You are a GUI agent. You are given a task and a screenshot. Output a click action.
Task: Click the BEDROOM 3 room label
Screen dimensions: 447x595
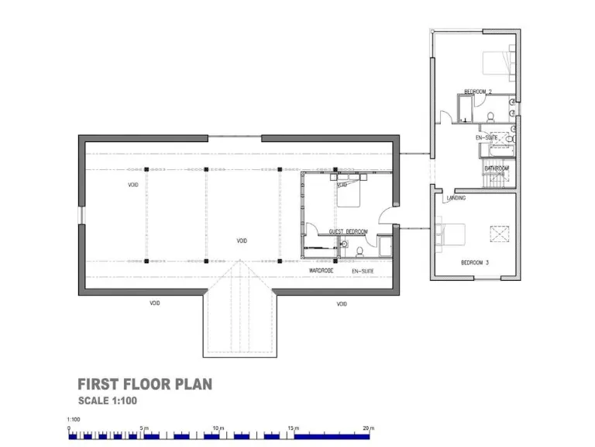[475, 263]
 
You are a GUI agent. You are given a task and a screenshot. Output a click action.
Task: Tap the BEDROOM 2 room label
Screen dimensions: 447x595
[478, 92]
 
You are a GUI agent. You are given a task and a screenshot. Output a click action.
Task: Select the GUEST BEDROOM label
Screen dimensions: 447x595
[348, 232]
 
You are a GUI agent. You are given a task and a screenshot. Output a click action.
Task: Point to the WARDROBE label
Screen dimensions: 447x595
[322, 271]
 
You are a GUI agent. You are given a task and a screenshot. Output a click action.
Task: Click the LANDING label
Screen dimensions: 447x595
[456, 199]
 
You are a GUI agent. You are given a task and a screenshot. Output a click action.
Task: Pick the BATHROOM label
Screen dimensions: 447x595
[497, 168]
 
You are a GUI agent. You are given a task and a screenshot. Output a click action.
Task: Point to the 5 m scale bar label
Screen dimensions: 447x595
[143, 428]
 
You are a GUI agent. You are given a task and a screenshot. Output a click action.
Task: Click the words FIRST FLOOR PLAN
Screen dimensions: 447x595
[145, 384]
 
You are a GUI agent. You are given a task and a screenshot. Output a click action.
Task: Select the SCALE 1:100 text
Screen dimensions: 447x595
[108, 401]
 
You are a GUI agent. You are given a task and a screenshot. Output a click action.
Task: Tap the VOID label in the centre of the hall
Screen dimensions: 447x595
[242, 241]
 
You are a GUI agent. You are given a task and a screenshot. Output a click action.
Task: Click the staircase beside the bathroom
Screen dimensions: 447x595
[495, 180]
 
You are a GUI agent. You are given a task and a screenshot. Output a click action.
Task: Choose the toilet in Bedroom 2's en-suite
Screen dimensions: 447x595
[491, 118]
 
